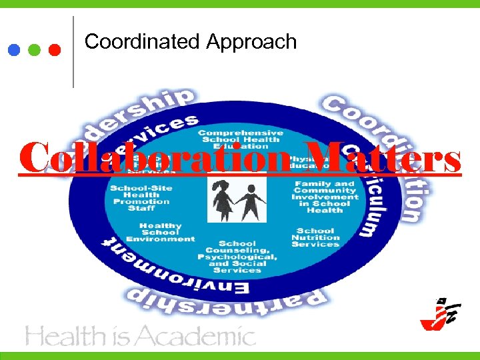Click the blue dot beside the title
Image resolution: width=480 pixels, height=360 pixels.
coord(15,49)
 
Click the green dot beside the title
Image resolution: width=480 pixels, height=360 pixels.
coord(35,49)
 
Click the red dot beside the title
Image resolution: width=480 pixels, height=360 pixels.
coord(55,49)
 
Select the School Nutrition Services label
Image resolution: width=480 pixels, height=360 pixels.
coord(316,237)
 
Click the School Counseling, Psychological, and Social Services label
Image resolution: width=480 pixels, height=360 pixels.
coord(237,257)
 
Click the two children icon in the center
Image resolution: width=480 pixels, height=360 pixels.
coord(237,199)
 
